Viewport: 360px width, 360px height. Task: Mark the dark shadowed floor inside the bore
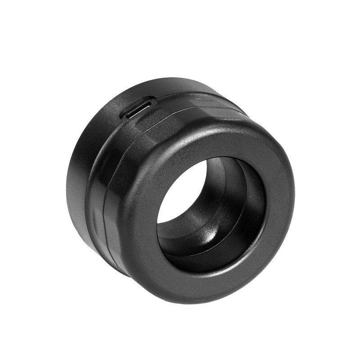[x=198, y=252]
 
